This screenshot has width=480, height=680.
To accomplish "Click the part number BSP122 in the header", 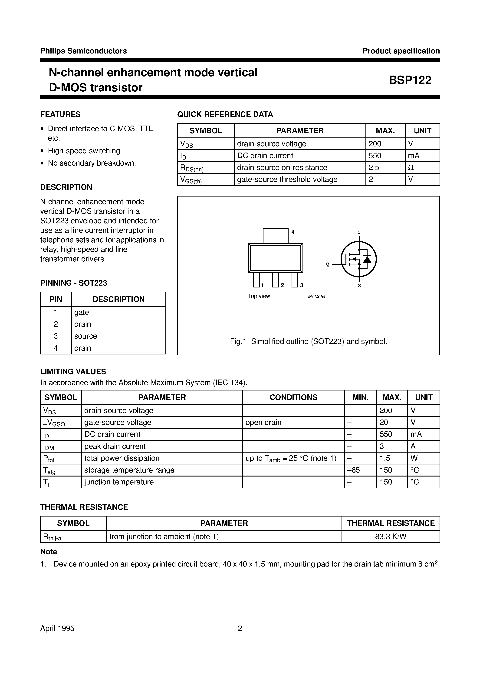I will coord(410,80).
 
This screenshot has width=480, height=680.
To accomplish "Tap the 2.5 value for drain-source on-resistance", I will coord(374,168).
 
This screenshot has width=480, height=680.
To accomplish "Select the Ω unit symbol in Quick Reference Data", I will coord(411,168).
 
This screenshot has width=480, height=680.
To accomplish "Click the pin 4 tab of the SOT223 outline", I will coord(275,236).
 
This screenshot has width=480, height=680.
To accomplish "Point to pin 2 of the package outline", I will coord(275,280).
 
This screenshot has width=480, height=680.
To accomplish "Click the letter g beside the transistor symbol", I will coord(328,264).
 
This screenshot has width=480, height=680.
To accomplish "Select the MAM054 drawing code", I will coord(316,297).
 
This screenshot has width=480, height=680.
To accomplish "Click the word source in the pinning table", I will coord(85,336).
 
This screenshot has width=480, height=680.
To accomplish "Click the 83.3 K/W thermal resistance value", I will coord(391,537).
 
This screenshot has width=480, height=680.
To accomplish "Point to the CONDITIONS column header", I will coord(293,397).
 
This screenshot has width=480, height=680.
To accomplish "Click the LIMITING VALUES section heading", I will coord(73,371).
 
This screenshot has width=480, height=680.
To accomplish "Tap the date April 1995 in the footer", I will coord(57,628).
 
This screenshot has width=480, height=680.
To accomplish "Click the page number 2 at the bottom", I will coord(240,628).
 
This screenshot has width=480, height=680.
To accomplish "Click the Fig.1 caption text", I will coord(308,341).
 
